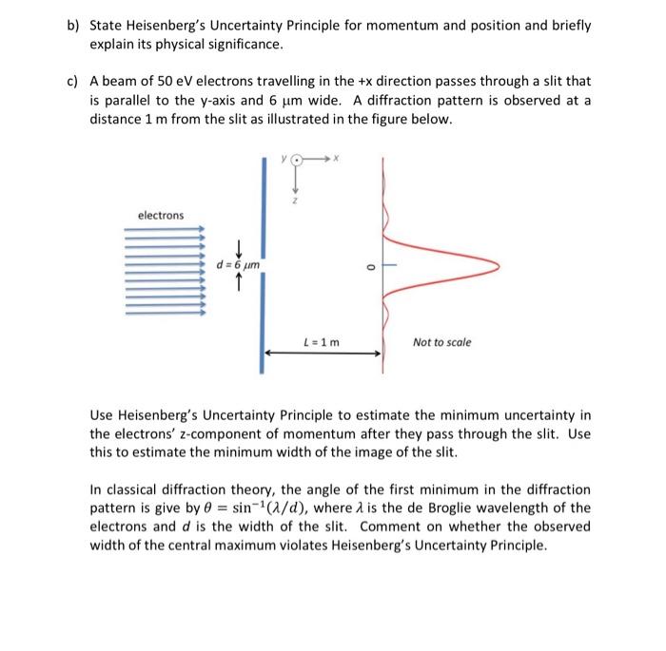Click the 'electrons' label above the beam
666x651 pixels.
[x=161, y=216]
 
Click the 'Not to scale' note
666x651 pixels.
[x=441, y=341]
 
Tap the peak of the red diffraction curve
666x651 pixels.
[x=497, y=264]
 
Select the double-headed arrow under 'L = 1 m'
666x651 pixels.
[x=323, y=353]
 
